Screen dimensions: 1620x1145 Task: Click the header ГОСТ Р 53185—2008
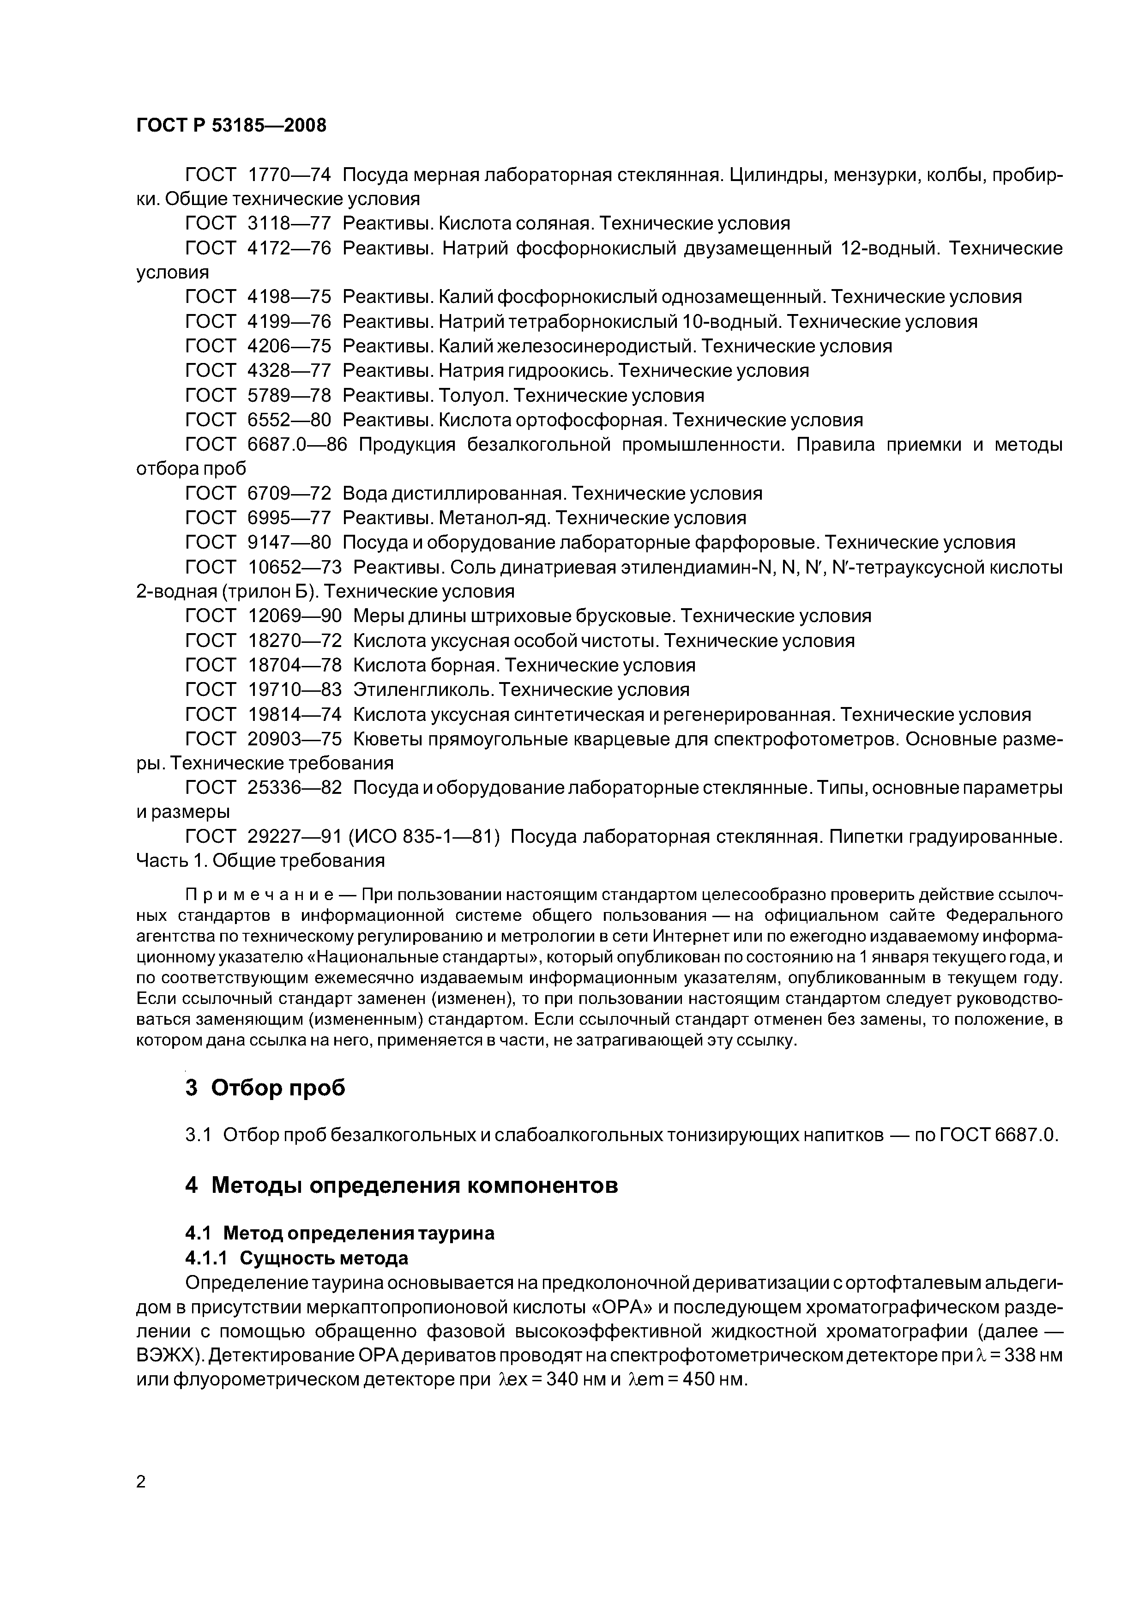point(231,126)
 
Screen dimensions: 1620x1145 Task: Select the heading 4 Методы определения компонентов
point(401,1185)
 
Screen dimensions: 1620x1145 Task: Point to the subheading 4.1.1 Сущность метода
point(296,1258)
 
